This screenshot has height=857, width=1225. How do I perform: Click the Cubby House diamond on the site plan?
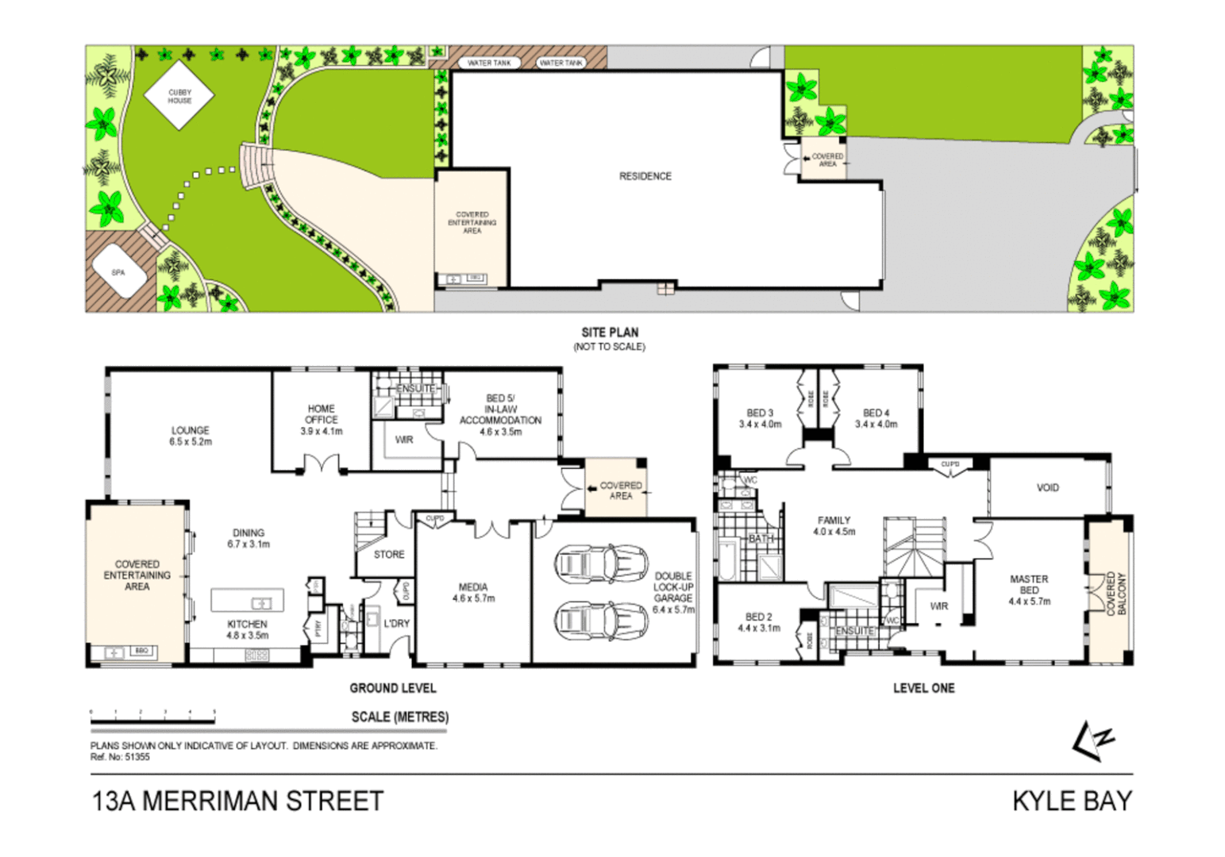[179, 96]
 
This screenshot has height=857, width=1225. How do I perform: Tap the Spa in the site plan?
[118, 272]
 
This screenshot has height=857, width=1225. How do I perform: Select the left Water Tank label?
[489, 63]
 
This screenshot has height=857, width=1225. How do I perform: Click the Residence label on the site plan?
[645, 176]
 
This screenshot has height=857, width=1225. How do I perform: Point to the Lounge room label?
[191, 436]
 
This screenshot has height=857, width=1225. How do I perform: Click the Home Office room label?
[321, 420]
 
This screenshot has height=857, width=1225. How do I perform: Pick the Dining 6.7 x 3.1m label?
[248, 539]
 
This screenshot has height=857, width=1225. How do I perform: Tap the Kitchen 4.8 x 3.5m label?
[247, 629]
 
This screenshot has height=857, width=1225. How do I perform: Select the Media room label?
[473, 593]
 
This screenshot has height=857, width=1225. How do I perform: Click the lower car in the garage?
[602, 620]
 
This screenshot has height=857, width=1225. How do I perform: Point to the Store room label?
[389, 555]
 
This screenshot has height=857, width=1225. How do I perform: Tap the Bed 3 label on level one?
[760, 418]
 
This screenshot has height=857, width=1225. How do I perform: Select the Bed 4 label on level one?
[876, 418]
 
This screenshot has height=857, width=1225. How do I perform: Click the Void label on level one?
[1047, 487]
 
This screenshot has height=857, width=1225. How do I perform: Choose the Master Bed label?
[1029, 590]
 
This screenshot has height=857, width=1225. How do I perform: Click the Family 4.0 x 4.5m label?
[834, 525]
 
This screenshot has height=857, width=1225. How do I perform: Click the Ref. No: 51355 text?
[120, 757]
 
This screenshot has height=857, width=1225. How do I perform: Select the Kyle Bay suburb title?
[1072, 801]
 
